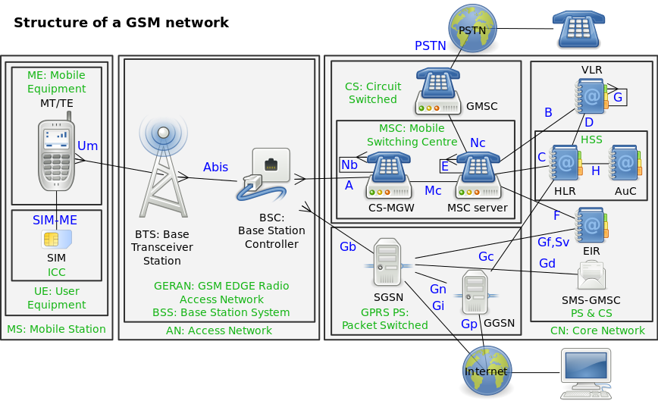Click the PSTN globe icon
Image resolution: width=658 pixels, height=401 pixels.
pyautogui.click(x=472, y=28)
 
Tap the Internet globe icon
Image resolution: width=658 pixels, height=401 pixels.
pyautogui.click(x=487, y=371)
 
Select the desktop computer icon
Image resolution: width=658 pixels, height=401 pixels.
pyautogui.click(x=584, y=372)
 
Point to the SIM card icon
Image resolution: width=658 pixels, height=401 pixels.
pyautogui.click(x=54, y=239)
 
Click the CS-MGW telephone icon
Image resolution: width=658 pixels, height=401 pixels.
pyautogui.click(x=390, y=177)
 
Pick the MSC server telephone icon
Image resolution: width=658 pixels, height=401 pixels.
pyautogui.click(x=480, y=177)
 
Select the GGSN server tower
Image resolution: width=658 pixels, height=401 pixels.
pyautogui.click(x=475, y=292)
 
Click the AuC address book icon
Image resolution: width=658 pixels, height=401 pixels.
pyautogui.click(x=625, y=163)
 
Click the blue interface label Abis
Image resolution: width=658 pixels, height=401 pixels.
pyautogui.click(x=215, y=168)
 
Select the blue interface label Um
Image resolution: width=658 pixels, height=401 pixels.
pyautogui.click(x=88, y=146)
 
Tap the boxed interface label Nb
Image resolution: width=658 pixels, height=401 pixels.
pyautogui.click(x=349, y=164)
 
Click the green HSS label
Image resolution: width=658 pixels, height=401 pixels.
pyautogui.click(x=591, y=139)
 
